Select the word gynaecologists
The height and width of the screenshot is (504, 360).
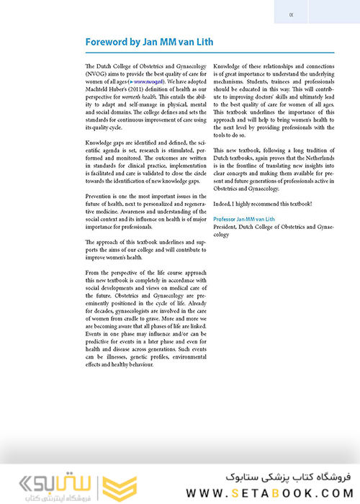pos(140,307)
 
